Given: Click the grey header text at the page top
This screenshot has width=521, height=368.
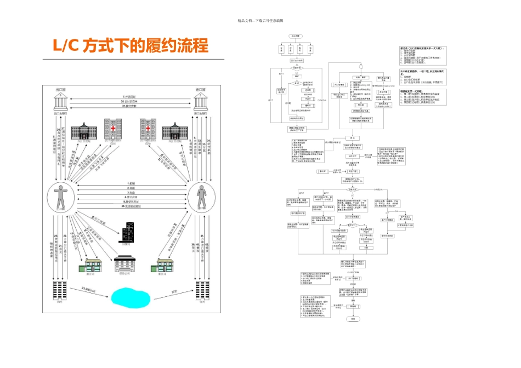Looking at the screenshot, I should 260,21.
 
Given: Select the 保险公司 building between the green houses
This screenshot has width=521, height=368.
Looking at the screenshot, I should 124,265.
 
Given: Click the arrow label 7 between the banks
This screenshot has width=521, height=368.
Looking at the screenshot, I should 130,96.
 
